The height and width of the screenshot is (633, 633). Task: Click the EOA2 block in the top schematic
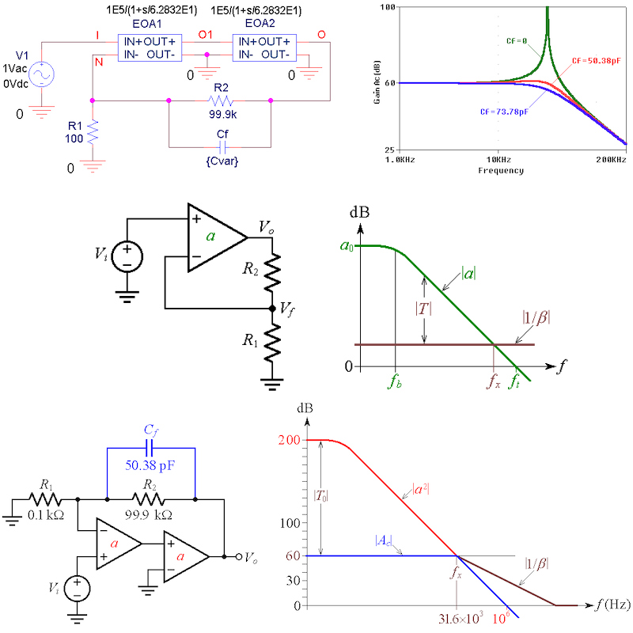[x=261, y=47]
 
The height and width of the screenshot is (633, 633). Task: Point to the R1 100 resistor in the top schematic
[x=93, y=131]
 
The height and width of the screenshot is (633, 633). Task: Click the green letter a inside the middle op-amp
[x=210, y=237]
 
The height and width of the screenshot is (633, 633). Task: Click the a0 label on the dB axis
[x=345, y=246]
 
